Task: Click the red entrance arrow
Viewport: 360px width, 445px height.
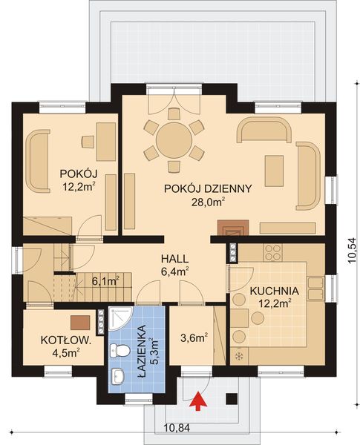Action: point(197,401)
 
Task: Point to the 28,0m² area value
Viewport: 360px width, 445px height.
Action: point(210,201)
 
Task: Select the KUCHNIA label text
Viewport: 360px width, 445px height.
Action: point(274,291)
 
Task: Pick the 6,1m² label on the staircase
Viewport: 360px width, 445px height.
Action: point(105,281)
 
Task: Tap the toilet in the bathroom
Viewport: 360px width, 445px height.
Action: point(120,373)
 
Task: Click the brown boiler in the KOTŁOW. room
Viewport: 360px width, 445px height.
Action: point(80,322)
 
